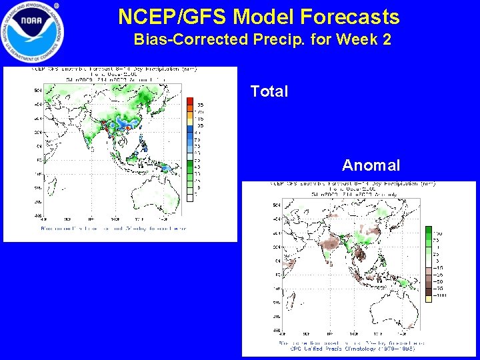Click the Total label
coord(269,91)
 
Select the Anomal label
coord(371,165)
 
